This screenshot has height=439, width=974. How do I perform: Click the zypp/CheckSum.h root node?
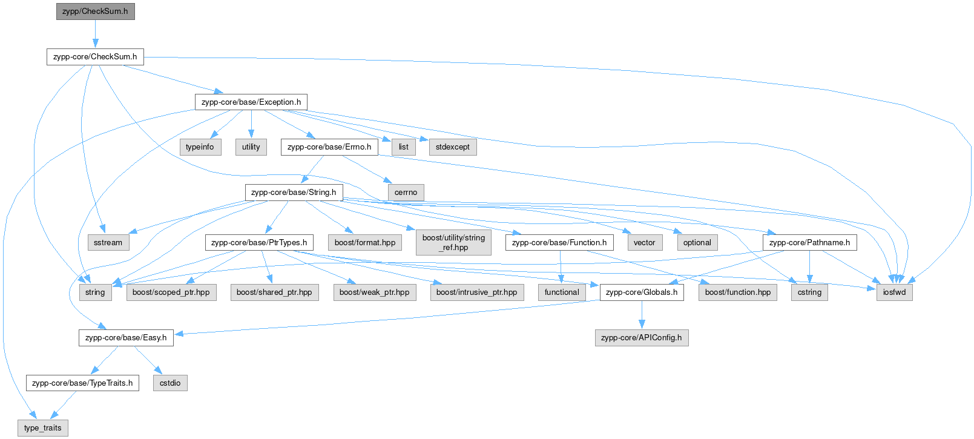tap(95, 12)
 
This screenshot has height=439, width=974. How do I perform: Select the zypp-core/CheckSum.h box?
tap(95, 57)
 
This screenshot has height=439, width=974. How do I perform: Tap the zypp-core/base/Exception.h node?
tap(251, 102)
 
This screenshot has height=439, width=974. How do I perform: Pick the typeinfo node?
tap(200, 147)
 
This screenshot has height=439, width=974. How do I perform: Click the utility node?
tap(251, 147)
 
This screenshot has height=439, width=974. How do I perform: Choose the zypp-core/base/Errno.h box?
tap(329, 147)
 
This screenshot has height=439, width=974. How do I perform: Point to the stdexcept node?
tap(452, 147)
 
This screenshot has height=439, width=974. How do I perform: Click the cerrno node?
tap(406, 193)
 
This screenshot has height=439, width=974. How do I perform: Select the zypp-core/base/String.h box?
tap(294, 193)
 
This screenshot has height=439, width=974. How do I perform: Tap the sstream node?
tap(108, 243)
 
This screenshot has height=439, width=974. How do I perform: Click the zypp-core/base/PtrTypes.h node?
tap(259, 243)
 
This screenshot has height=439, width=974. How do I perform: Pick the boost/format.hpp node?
tap(365, 243)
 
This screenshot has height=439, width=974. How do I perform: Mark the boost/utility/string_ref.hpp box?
tap(453, 242)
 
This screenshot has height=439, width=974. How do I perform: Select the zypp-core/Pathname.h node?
tap(809, 243)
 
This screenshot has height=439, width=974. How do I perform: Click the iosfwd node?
tap(894, 292)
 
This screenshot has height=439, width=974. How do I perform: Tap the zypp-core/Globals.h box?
tap(642, 292)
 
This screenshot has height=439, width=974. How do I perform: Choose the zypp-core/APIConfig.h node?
tap(642, 338)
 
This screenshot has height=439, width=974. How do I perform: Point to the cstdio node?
tap(170, 383)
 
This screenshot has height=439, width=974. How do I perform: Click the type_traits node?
tap(43, 428)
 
